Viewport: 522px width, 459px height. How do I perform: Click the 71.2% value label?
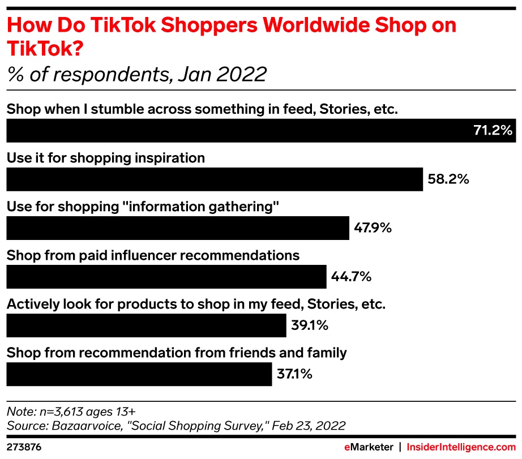(493, 131)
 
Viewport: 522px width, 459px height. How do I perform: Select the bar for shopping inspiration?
(214, 179)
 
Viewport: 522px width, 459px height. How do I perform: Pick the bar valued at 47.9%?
(177, 228)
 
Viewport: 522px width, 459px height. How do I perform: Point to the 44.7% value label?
(351, 277)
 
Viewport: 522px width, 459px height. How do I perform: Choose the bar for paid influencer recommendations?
(166, 277)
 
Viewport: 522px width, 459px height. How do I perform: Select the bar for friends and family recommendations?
(139, 374)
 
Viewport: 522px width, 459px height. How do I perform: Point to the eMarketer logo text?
(369, 447)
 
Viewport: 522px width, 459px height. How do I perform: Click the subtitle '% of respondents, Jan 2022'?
(136, 74)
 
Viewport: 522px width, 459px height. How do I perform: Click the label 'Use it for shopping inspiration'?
(105, 158)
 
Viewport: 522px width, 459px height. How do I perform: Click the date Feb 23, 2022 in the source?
(310, 425)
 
